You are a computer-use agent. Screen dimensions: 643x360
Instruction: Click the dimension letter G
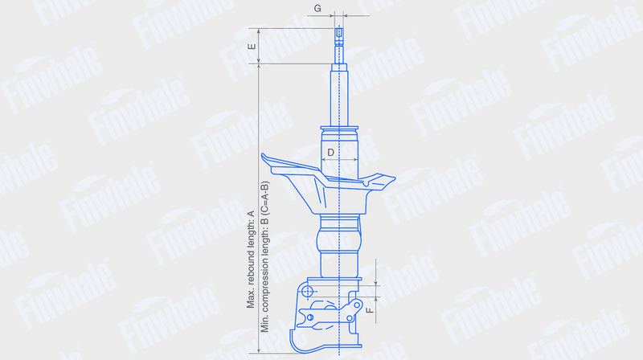pos(317,8)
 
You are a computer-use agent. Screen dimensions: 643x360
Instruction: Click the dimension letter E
pos(252,47)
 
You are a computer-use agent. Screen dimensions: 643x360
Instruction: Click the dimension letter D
pos(331,153)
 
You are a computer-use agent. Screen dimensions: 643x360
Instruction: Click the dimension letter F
pos(370,310)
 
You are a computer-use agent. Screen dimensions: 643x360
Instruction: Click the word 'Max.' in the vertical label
pos(251,300)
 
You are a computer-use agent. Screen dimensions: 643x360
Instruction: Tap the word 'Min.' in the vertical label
pos(264,324)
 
